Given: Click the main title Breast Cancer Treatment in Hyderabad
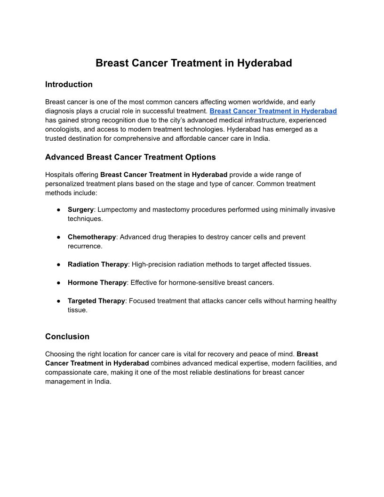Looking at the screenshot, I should [x=193, y=63].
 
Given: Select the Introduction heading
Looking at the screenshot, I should [x=69, y=85].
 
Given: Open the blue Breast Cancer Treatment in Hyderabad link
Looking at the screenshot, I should [x=273, y=111].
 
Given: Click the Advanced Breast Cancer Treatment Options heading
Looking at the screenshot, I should [x=130, y=157].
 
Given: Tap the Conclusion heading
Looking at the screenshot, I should [x=67, y=337].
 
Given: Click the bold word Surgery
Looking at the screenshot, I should [x=80, y=209].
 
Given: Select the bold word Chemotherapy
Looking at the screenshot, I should [x=92, y=237].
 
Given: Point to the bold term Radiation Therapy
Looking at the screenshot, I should [x=97, y=264].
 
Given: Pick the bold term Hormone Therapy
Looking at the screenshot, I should [x=97, y=282].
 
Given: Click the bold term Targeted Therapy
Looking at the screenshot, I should [x=96, y=301].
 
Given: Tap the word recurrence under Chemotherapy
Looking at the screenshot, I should [x=85, y=246].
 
